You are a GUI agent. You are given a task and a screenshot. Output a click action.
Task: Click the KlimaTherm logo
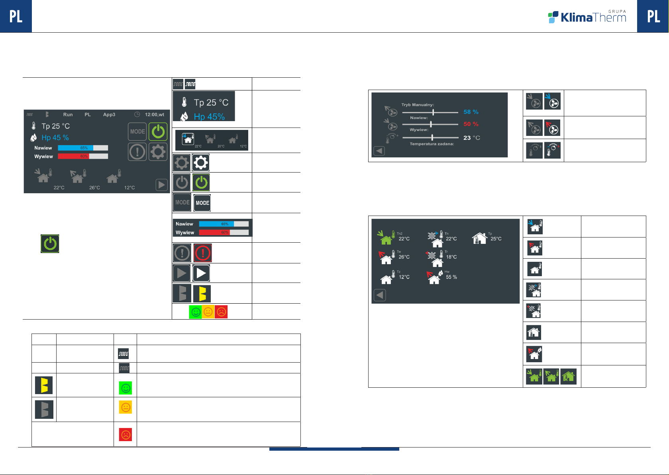587,17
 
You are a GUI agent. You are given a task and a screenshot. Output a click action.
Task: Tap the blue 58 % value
471,112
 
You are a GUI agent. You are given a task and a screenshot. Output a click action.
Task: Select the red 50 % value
471,124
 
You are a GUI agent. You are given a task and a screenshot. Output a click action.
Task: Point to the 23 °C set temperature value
471,138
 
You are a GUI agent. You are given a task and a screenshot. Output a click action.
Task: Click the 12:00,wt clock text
154,115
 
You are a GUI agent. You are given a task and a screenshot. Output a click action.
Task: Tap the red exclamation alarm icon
202,253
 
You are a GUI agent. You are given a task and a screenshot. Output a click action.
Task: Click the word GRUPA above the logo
617,12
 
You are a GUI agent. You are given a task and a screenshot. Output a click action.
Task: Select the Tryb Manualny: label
418,105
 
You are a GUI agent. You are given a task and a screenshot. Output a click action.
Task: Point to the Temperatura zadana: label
432,144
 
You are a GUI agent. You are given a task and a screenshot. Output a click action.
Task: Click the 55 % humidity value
451,277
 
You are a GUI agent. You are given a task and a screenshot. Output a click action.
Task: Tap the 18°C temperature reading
451,257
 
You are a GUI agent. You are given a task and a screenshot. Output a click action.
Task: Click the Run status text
68,115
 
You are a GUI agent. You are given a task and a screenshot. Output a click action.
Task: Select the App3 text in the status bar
109,115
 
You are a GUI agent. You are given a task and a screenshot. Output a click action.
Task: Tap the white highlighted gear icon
200,163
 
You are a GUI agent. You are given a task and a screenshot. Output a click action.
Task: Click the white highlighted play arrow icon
201,273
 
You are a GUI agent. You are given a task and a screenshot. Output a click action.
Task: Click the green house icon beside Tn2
385,237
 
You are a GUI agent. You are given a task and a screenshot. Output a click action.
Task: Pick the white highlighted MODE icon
202,203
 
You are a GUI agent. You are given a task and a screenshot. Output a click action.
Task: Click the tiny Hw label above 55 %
447,272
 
